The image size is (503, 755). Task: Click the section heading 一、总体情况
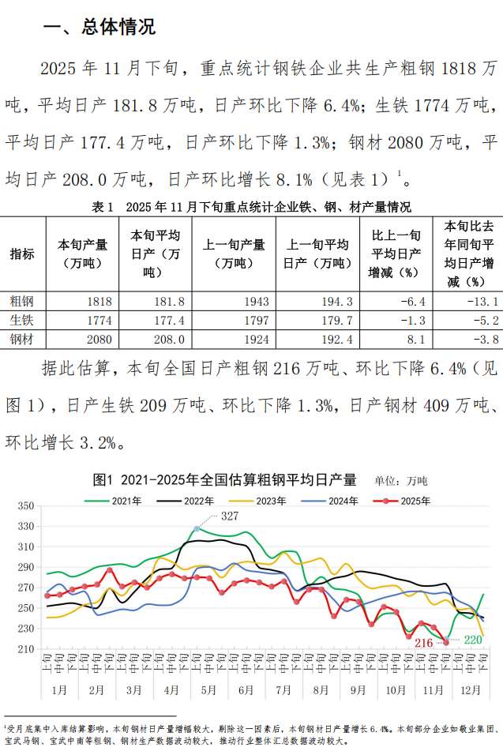click(x=99, y=28)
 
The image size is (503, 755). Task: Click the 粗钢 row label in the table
click(x=22, y=301)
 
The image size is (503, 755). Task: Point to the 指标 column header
click(x=22, y=254)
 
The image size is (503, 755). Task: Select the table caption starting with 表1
click(x=251, y=208)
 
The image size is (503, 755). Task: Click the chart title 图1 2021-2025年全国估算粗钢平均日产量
click(x=224, y=479)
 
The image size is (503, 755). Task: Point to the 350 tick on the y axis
click(x=25, y=505)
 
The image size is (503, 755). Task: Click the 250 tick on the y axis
click(x=25, y=608)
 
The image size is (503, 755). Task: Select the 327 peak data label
click(x=230, y=516)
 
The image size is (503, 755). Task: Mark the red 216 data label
click(x=424, y=643)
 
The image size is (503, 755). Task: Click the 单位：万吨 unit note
click(x=400, y=480)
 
